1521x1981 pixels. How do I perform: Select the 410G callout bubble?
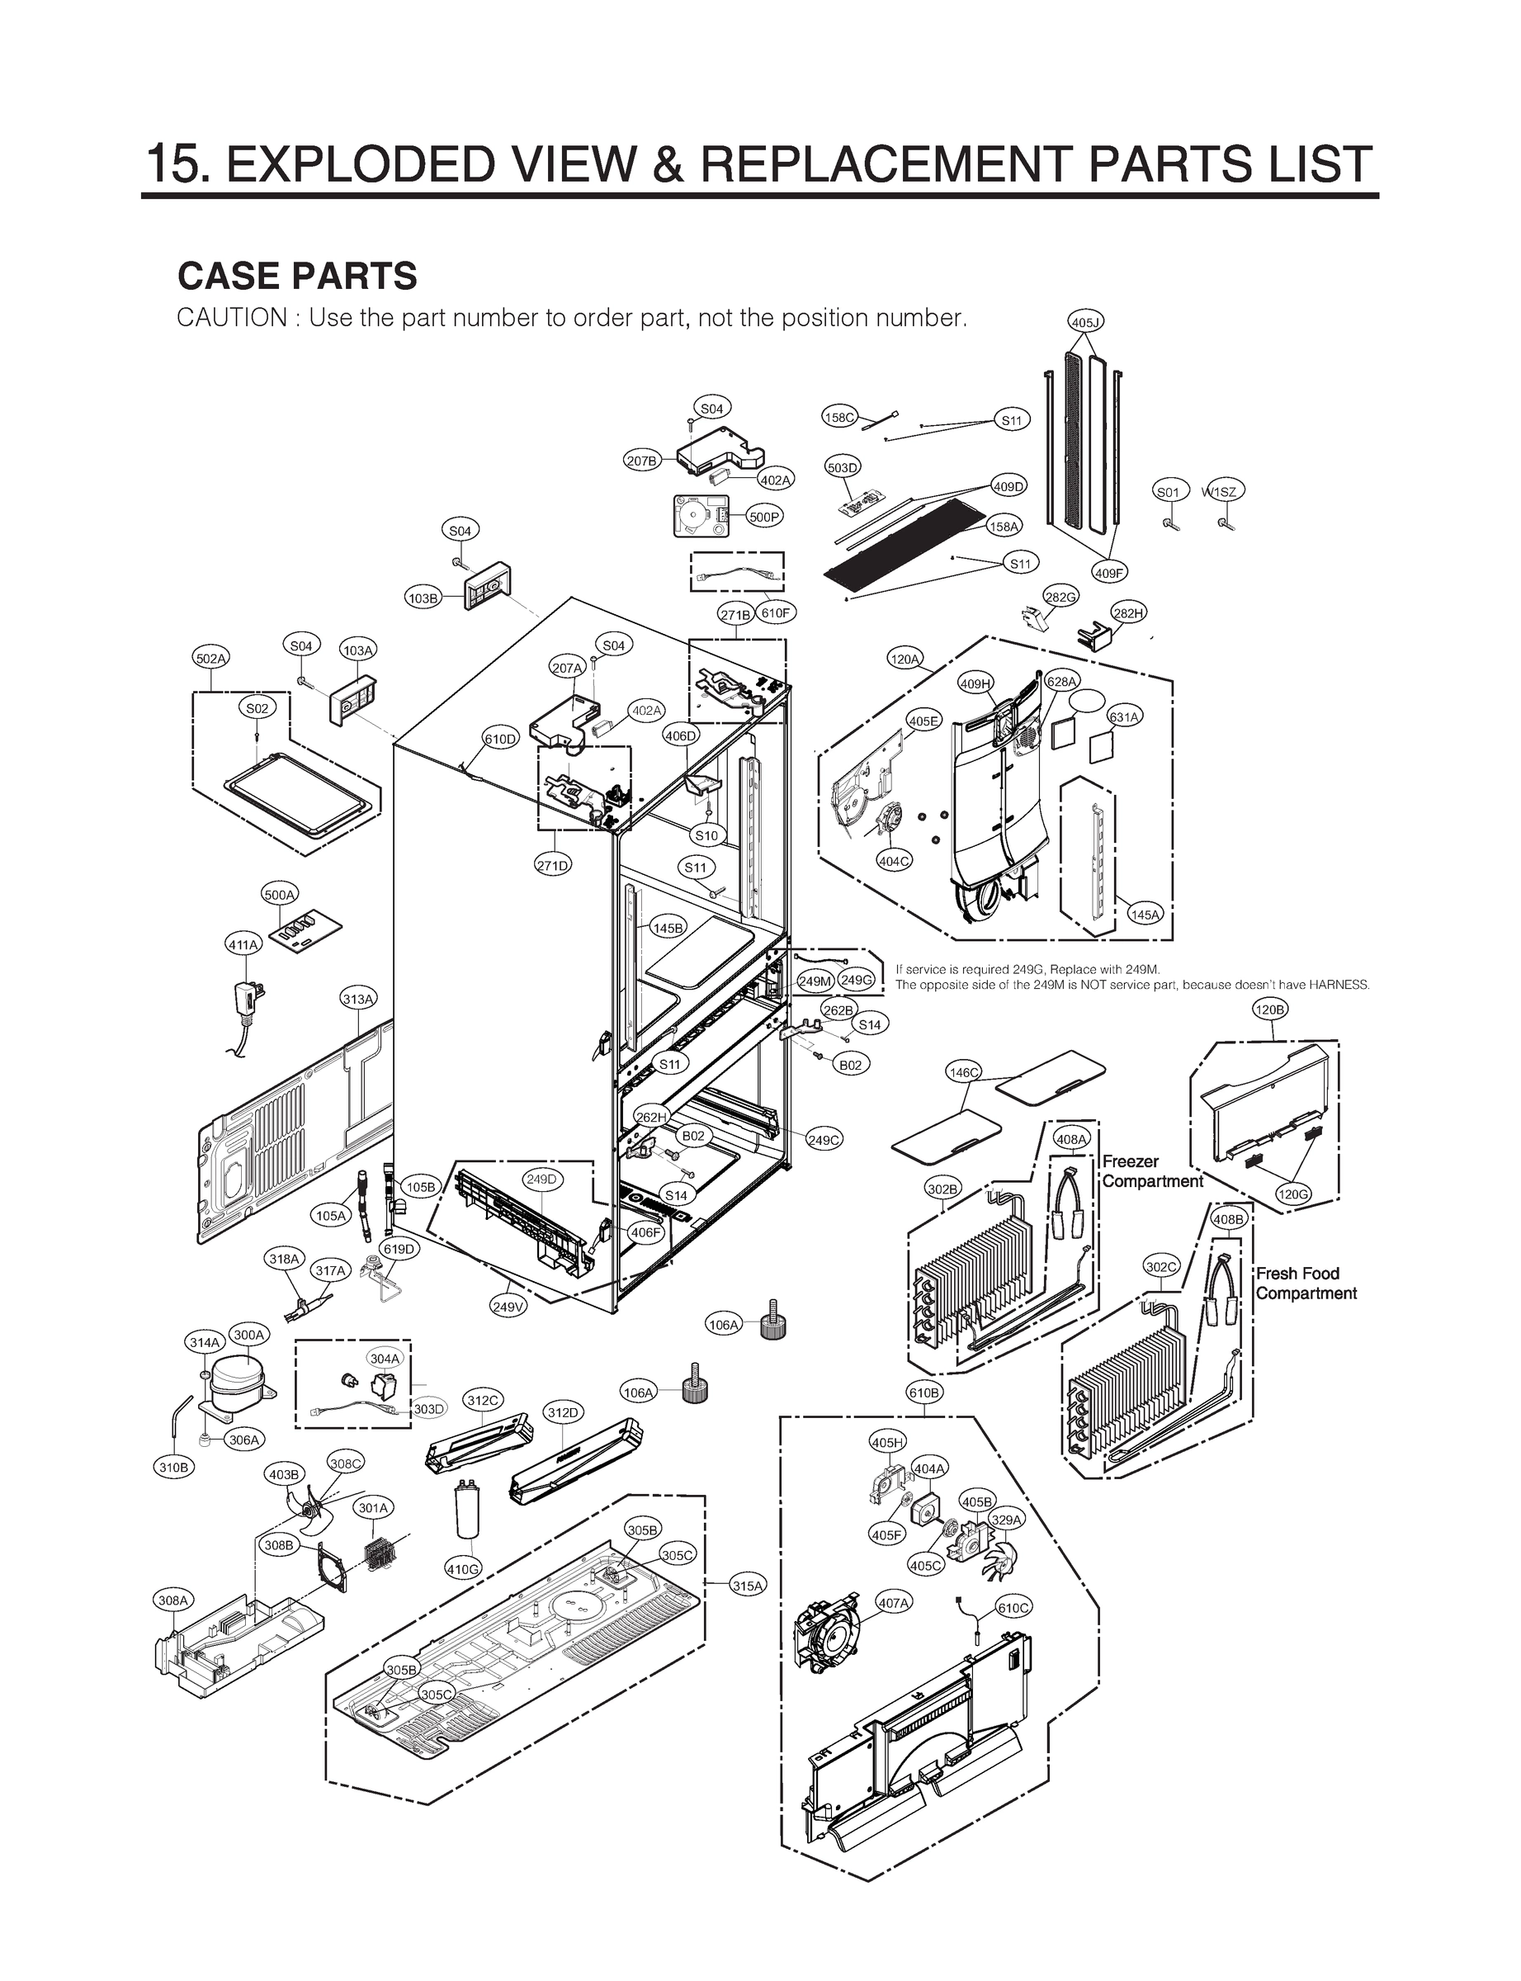464,1568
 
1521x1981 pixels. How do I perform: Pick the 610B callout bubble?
923,1392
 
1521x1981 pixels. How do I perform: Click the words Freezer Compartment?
1151,1171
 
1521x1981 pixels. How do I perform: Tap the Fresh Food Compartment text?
1306,1283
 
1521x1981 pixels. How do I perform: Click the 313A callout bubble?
358,999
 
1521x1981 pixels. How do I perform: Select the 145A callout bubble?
1145,915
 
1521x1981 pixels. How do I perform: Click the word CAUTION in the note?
232,319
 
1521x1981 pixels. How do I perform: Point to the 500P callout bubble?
764,517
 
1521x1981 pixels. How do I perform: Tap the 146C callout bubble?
963,1073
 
